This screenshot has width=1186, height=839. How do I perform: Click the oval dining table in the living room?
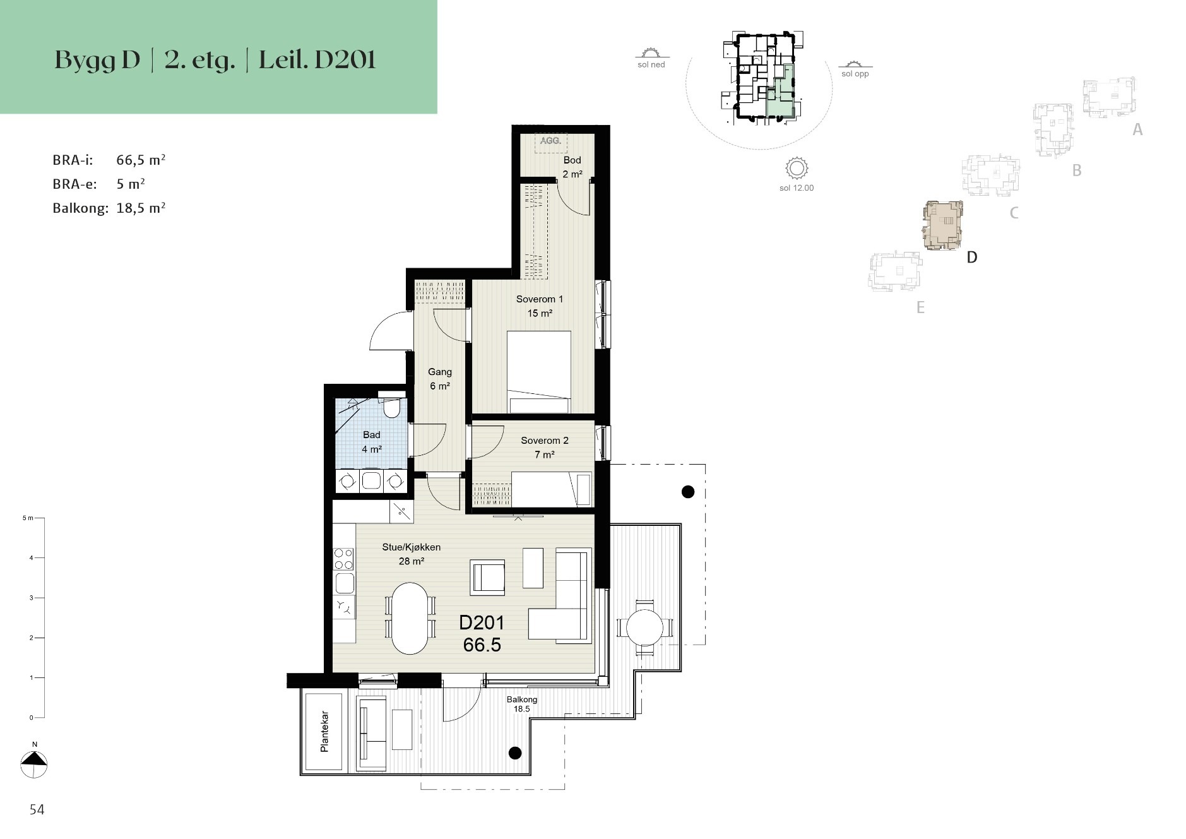pyautogui.click(x=410, y=618)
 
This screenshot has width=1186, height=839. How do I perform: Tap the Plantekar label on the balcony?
pyautogui.click(x=324, y=732)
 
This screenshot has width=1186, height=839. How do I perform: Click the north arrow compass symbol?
pyautogui.click(x=34, y=765)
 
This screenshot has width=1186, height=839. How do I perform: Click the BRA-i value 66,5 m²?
pyautogui.click(x=141, y=160)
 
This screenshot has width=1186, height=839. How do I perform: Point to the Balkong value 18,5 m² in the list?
pyautogui.click(x=141, y=208)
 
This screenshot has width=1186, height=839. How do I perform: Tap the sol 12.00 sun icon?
pyautogui.click(x=797, y=169)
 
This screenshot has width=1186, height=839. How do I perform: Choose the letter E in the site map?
pyautogui.click(x=920, y=307)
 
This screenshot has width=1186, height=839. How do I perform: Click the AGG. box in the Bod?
pyautogui.click(x=551, y=142)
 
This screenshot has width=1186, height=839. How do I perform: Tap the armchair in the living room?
pyautogui.click(x=487, y=577)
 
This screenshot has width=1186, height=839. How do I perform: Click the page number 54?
pyautogui.click(x=37, y=810)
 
